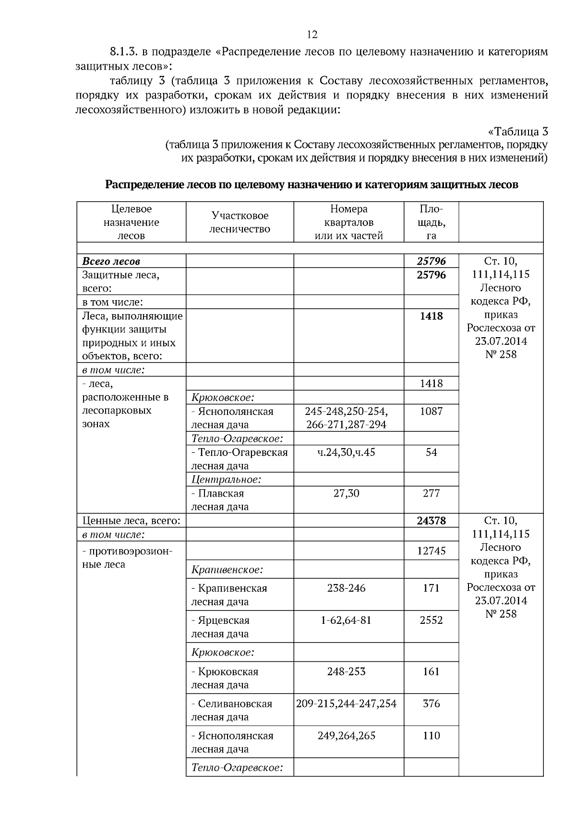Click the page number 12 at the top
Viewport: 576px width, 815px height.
[312, 35]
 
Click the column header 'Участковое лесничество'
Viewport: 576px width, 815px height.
[240, 222]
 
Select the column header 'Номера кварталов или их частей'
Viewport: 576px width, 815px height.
[348, 222]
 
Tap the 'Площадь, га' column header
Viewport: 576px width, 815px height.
[431, 222]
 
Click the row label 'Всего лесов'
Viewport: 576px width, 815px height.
[111, 262]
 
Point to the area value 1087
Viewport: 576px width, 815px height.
[431, 412]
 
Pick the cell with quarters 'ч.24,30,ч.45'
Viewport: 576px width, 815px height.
[346, 452]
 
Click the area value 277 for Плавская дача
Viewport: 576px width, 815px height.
[431, 493]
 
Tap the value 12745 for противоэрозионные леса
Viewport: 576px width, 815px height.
[431, 551]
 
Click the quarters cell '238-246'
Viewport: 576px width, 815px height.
[346, 588]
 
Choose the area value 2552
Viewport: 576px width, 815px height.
[431, 620]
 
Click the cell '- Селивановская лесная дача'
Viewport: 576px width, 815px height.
[232, 710]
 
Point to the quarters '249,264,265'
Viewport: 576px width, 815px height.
[346, 736]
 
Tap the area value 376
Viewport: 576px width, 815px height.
[431, 704]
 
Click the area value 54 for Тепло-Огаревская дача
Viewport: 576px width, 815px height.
[431, 452]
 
